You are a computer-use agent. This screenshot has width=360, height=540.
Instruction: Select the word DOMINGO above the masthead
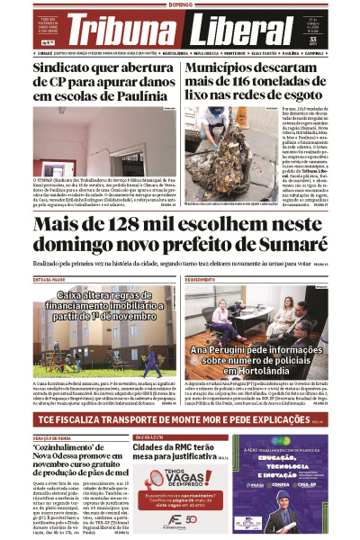click(180, 4)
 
